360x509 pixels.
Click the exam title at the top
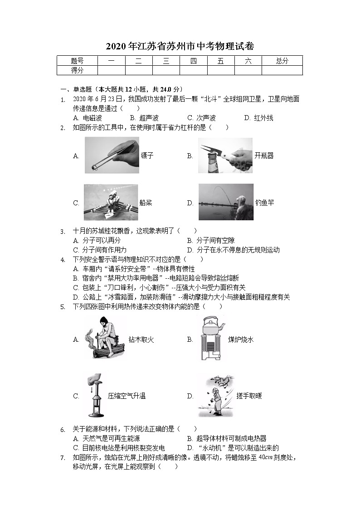(x=180, y=46)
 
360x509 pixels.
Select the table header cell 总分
(x=282, y=61)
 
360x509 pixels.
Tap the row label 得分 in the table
(x=77, y=70)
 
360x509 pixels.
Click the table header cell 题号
(x=77, y=61)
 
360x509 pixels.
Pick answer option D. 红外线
(x=258, y=118)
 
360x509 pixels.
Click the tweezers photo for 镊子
(x=112, y=155)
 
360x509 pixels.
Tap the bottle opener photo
(x=225, y=155)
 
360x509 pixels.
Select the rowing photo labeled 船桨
(x=110, y=202)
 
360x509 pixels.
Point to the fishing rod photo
(x=225, y=202)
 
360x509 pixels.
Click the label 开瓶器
(x=264, y=155)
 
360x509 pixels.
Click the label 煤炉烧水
(x=241, y=339)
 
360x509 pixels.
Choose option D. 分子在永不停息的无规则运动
(x=233, y=250)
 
